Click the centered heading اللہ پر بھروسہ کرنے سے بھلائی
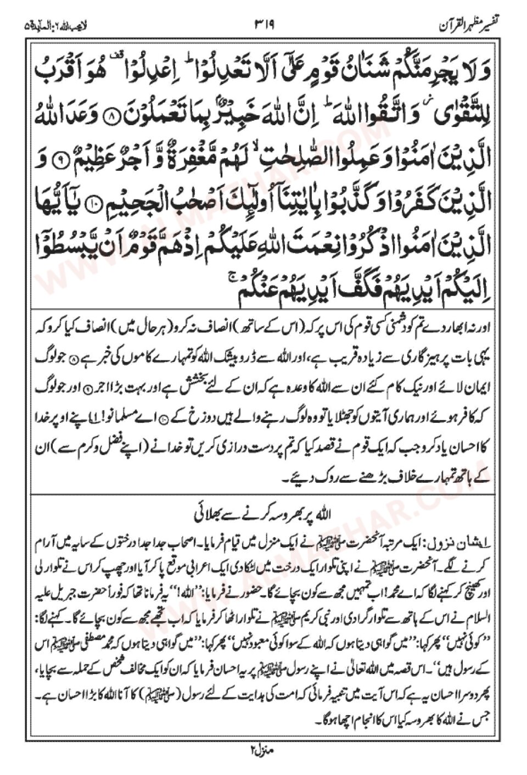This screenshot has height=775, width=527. pyautogui.click(x=264, y=516)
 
